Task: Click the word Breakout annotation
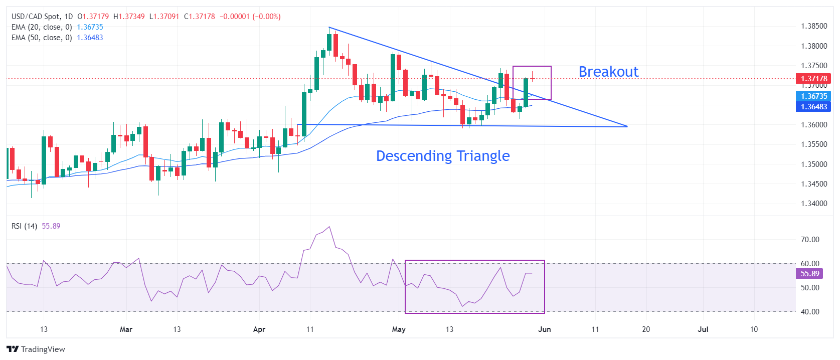point(608,72)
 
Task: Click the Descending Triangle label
point(443,156)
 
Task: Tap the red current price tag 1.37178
point(813,79)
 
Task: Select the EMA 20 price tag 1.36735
point(813,96)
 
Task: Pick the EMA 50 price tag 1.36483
point(813,107)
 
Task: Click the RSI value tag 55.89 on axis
point(809,274)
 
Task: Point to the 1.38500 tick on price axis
point(814,26)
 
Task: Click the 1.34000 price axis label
point(814,204)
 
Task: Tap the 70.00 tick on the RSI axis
point(810,240)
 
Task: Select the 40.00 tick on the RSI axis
point(810,312)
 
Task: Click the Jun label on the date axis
point(544,329)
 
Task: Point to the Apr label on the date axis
point(259,329)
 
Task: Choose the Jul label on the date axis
point(703,329)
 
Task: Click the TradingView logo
point(36,349)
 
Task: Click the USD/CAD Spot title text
point(35,17)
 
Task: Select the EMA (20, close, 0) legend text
point(42,27)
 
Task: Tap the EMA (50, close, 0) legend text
point(42,38)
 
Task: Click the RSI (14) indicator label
point(24,226)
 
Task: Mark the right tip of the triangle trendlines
point(627,126)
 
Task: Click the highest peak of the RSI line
point(329,227)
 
